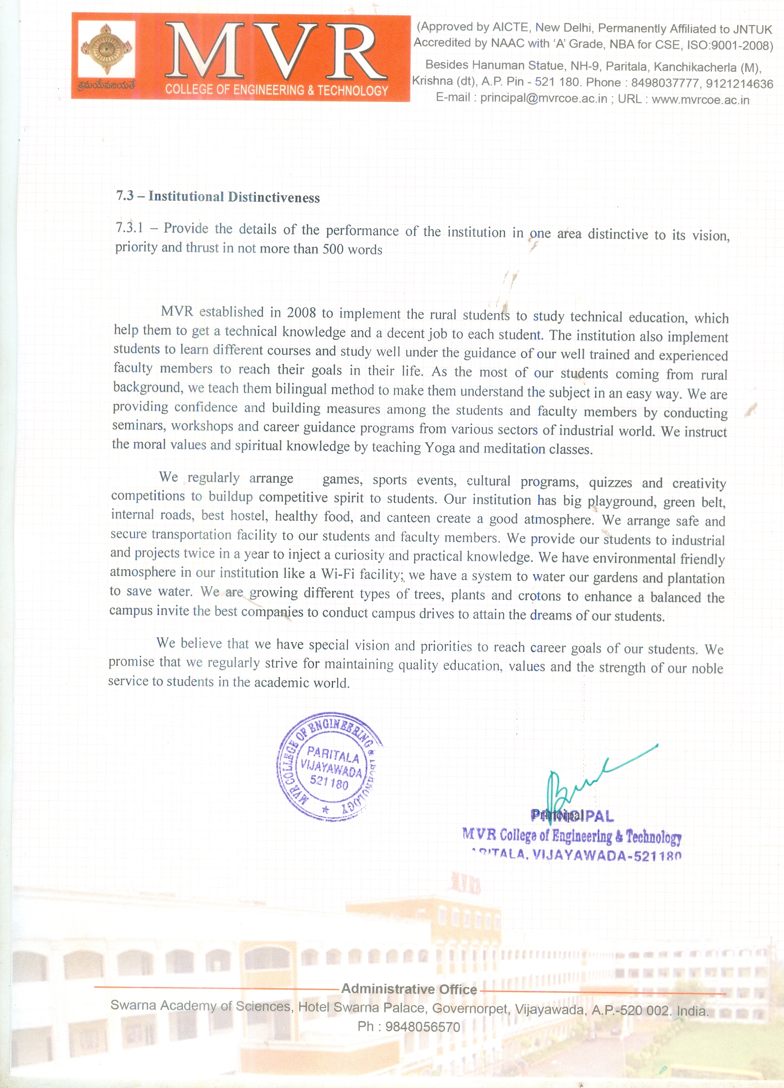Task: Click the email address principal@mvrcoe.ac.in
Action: pyautogui.click(x=543, y=98)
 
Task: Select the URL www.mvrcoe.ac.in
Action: pyautogui.click(x=700, y=100)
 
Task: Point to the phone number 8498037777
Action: pyautogui.click(x=665, y=83)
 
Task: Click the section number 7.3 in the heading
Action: pyautogui.click(x=125, y=195)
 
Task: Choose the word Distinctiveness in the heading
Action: pyautogui.click(x=274, y=197)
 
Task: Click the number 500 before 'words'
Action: pyautogui.click(x=333, y=249)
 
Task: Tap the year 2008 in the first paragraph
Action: pyautogui.click(x=301, y=313)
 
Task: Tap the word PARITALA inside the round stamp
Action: pyautogui.click(x=333, y=755)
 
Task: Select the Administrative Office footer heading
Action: pyautogui.click(x=409, y=989)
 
